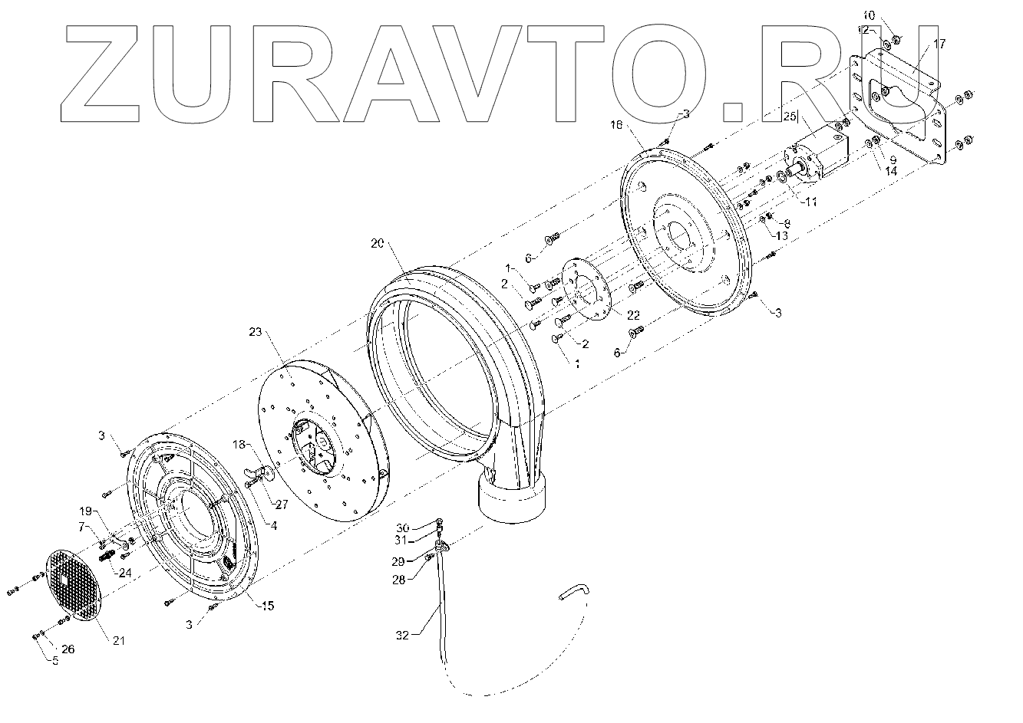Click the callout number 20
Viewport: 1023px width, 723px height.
pos(376,243)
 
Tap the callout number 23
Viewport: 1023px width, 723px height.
pos(256,332)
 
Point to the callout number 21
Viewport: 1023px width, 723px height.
pos(117,640)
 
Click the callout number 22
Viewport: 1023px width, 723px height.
pos(633,315)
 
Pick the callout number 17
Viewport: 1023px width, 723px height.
pos(940,44)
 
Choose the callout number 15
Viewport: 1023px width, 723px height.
pos(266,606)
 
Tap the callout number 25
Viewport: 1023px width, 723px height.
pos(790,117)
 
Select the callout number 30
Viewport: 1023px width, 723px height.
pos(404,527)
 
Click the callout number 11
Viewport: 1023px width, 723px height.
pos(812,202)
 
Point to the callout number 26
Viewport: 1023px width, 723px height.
pos(68,649)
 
